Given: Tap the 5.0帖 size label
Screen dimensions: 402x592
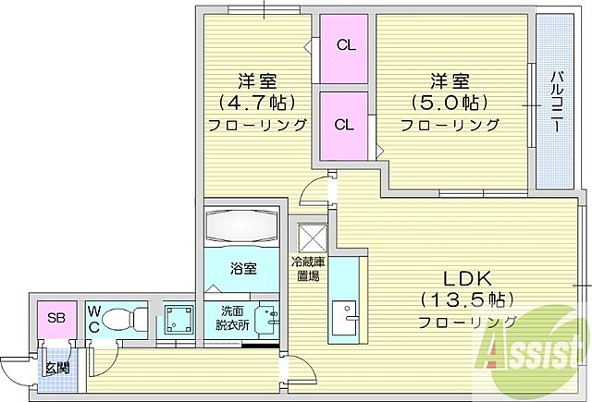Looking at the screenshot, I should [x=450, y=102].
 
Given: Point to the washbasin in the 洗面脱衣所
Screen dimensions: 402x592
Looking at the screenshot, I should [x=267, y=320].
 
